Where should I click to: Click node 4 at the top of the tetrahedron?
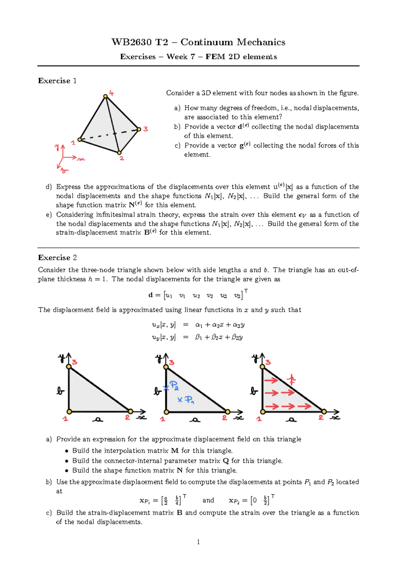[105, 96]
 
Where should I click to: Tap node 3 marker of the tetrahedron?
[139, 129]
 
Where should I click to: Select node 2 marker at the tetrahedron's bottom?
[119, 153]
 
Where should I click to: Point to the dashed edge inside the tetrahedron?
[109, 135]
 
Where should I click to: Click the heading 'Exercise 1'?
[57, 81]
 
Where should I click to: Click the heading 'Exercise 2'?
[57, 258]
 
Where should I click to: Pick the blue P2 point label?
[174, 385]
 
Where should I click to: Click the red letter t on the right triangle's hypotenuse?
[291, 379]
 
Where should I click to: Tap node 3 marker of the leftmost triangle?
[69, 366]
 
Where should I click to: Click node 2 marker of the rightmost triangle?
[324, 412]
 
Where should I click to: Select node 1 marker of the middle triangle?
[166, 412]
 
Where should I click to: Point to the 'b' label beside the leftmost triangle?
[60, 391]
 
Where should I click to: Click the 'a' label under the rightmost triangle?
[291, 420]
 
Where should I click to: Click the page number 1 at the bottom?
[198, 542]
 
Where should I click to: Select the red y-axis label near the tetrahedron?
[57, 147]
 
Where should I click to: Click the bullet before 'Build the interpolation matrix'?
[66, 451]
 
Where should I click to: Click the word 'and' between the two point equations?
[208, 500]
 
